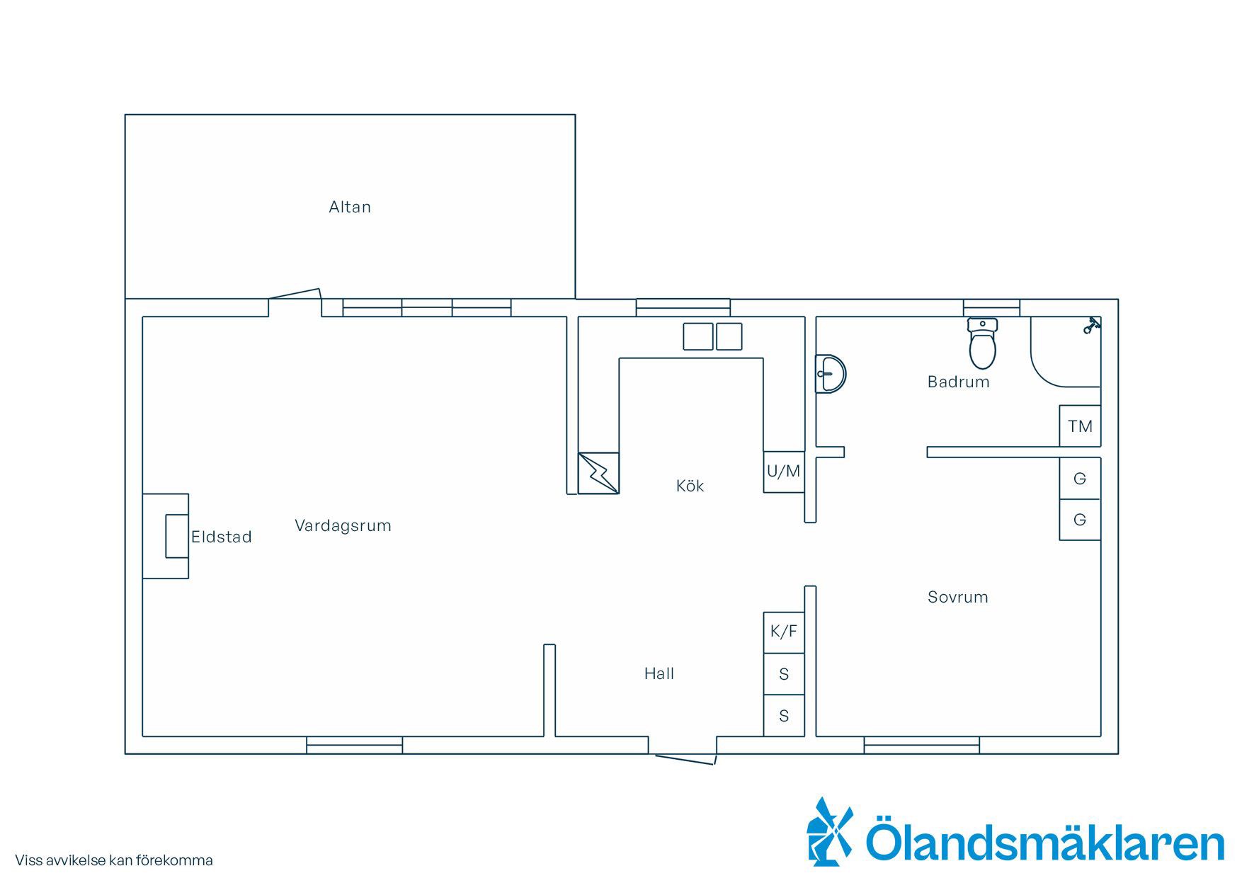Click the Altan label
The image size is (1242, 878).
pyautogui.click(x=350, y=207)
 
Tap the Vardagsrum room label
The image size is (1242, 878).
pyautogui.click(x=343, y=525)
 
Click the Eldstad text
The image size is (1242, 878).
pyautogui.click(x=222, y=537)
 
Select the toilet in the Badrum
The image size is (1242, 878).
pyautogui.click(x=982, y=343)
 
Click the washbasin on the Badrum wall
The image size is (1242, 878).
pyautogui.click(x=830, y=373)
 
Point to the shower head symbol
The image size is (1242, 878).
pyautogui.click(x=1091, y=326)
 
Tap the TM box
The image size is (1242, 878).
pyautogui.click(x=1080, y=426)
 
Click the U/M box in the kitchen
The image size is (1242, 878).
pyautogui.click(x=784, y=472)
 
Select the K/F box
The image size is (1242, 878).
pyautogui.click(x=784, y=632)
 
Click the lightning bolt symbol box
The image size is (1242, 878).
pyautogui.click(x=598, y=473)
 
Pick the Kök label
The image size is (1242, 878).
pyautogui.click(x=690, y=486)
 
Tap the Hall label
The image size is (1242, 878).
pyautogui.click(x=659, y=673)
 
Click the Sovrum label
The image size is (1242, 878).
pyautogui.click(x=958, y=597)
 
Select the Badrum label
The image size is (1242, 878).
pyautogui.click(x=959, y=382)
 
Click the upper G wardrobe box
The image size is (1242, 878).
pyautogui.click(x=1080, y=479)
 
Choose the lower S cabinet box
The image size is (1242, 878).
pyautogui.click(x=784, y=716)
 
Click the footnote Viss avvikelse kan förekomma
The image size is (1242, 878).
pyautogui.click(x=114, y=861)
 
